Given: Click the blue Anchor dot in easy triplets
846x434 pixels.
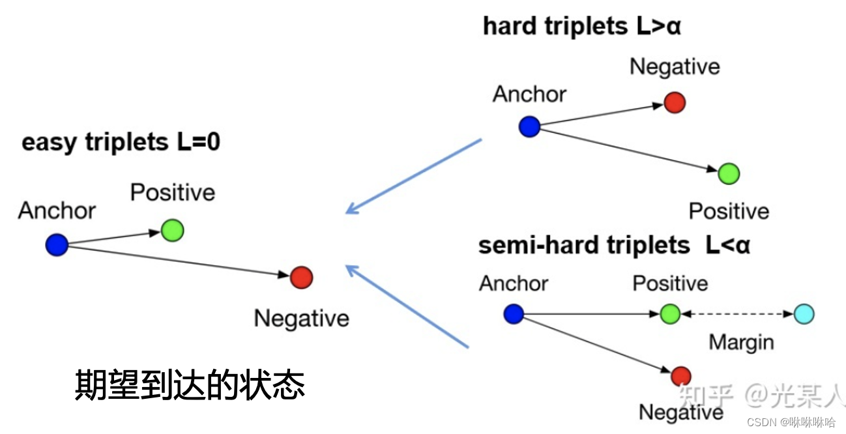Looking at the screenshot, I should tap(57, 245).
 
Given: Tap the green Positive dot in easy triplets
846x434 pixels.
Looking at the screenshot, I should tap(173, 230).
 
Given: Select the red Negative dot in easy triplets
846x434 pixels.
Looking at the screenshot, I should tap(301, 278).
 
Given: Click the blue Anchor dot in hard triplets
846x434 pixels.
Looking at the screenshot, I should tap(529, 126).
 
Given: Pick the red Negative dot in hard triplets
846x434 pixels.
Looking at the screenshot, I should tap(675, 102).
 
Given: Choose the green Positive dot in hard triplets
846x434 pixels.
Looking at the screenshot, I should tap(729, 173).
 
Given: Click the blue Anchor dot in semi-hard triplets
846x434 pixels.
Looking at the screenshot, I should tap(514, 314).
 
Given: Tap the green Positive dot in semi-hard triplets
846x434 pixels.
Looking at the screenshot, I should tap(670, 314).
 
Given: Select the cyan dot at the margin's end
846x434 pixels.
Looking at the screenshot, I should tap(804, 314).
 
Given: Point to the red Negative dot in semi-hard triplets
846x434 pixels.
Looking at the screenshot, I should tap(680, 375).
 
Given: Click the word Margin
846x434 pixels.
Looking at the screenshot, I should tap(741, 342).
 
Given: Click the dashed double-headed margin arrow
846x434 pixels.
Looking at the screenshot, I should tap(737, 314).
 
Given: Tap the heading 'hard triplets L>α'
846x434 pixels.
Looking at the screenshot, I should tap(581, 27).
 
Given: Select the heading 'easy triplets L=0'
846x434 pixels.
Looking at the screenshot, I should tap(121, 142).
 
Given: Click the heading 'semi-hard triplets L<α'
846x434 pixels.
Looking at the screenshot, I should tap(614, 245).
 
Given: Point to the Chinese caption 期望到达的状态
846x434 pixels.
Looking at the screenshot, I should tap(190, 385).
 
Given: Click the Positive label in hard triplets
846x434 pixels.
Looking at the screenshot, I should tap(729, 211).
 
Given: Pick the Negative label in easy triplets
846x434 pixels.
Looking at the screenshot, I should tap(301, 318).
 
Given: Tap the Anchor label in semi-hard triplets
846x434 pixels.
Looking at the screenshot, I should tap(514, 283).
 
